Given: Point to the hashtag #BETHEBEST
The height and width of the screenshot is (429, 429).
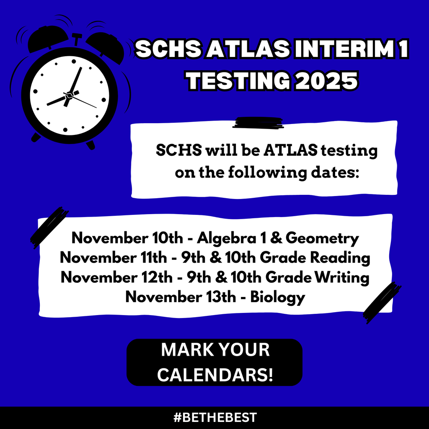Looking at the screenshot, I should (x=214, y=417).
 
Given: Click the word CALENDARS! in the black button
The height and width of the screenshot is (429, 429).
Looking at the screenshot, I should (x=214, y=374).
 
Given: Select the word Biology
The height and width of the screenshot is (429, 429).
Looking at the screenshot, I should (x=277, y=297).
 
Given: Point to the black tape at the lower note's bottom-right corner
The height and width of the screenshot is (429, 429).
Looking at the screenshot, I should (x=382, y=302).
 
